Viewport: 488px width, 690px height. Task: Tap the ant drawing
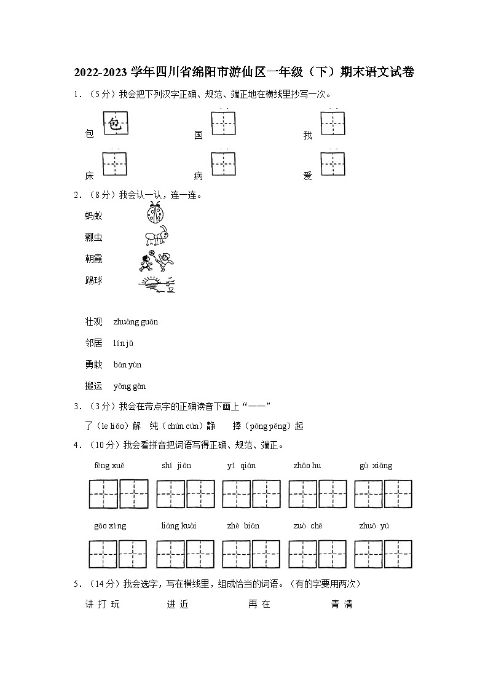(156, 235)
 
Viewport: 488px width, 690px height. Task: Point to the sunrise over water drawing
(157, 283)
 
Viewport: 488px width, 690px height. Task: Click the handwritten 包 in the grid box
(115, 125)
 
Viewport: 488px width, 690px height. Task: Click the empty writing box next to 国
(224, 123)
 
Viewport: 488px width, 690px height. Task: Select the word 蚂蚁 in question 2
(94, 216)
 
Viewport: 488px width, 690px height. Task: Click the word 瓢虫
(94, 237)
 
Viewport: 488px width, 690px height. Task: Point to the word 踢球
(94, 281)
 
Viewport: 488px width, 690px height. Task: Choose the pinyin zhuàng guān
(136, 321)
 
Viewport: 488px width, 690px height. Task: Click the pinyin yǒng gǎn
(130, 386)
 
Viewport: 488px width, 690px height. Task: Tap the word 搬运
(94, 386)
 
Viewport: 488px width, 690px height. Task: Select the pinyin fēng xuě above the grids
(109, 466)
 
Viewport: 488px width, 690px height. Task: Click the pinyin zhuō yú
(374, 526)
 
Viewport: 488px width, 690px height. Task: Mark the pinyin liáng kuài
(179, 526)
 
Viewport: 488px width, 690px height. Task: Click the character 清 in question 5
(348, 605)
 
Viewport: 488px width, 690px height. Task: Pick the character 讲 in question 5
(89, 605)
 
